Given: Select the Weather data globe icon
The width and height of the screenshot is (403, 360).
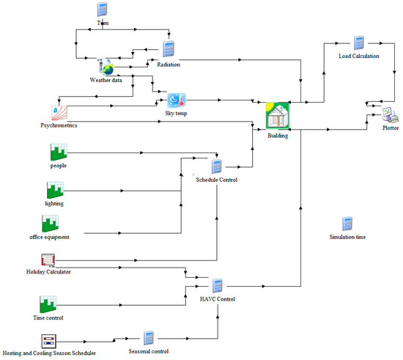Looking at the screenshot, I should point(107,67).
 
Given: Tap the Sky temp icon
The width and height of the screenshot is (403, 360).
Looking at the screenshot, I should point(177,100).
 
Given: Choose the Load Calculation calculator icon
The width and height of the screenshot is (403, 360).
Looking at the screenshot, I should point(359,43).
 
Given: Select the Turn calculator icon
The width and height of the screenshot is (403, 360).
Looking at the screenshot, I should point(103,10).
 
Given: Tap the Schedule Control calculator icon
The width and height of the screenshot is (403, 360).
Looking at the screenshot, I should point(216,166).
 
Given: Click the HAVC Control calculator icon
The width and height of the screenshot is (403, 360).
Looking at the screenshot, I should point(217,285).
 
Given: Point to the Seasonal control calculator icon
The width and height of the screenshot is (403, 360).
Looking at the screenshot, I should point(148,338).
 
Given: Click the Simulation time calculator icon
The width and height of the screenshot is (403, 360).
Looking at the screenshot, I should point(347,224).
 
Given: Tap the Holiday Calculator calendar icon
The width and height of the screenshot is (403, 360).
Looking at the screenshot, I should point(48,260).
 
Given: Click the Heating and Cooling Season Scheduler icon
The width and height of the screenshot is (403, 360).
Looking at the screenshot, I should point(49,341).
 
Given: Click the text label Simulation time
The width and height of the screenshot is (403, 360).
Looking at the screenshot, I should point(347,238).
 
